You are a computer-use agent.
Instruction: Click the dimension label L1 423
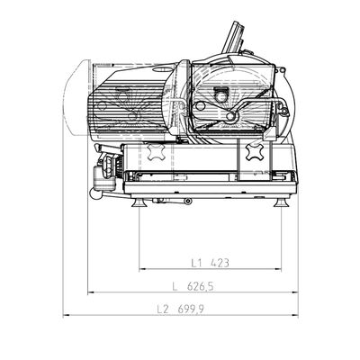(x=211, y=263)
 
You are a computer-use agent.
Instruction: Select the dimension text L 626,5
(x=193, y=286)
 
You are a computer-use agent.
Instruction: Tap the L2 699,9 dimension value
(x=181, y=309)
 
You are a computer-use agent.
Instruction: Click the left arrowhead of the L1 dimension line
(x=142, y=269)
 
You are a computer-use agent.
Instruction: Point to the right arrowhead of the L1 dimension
(x=278, y=269)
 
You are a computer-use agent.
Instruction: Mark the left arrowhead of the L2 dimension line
(x=66, y=315)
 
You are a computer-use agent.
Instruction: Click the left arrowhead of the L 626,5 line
(x=91, y=292)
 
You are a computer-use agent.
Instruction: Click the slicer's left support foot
(x=139, y=202)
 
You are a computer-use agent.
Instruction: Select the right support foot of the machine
(x=282, y=202)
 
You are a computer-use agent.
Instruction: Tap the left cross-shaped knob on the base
(x=155, y=151)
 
